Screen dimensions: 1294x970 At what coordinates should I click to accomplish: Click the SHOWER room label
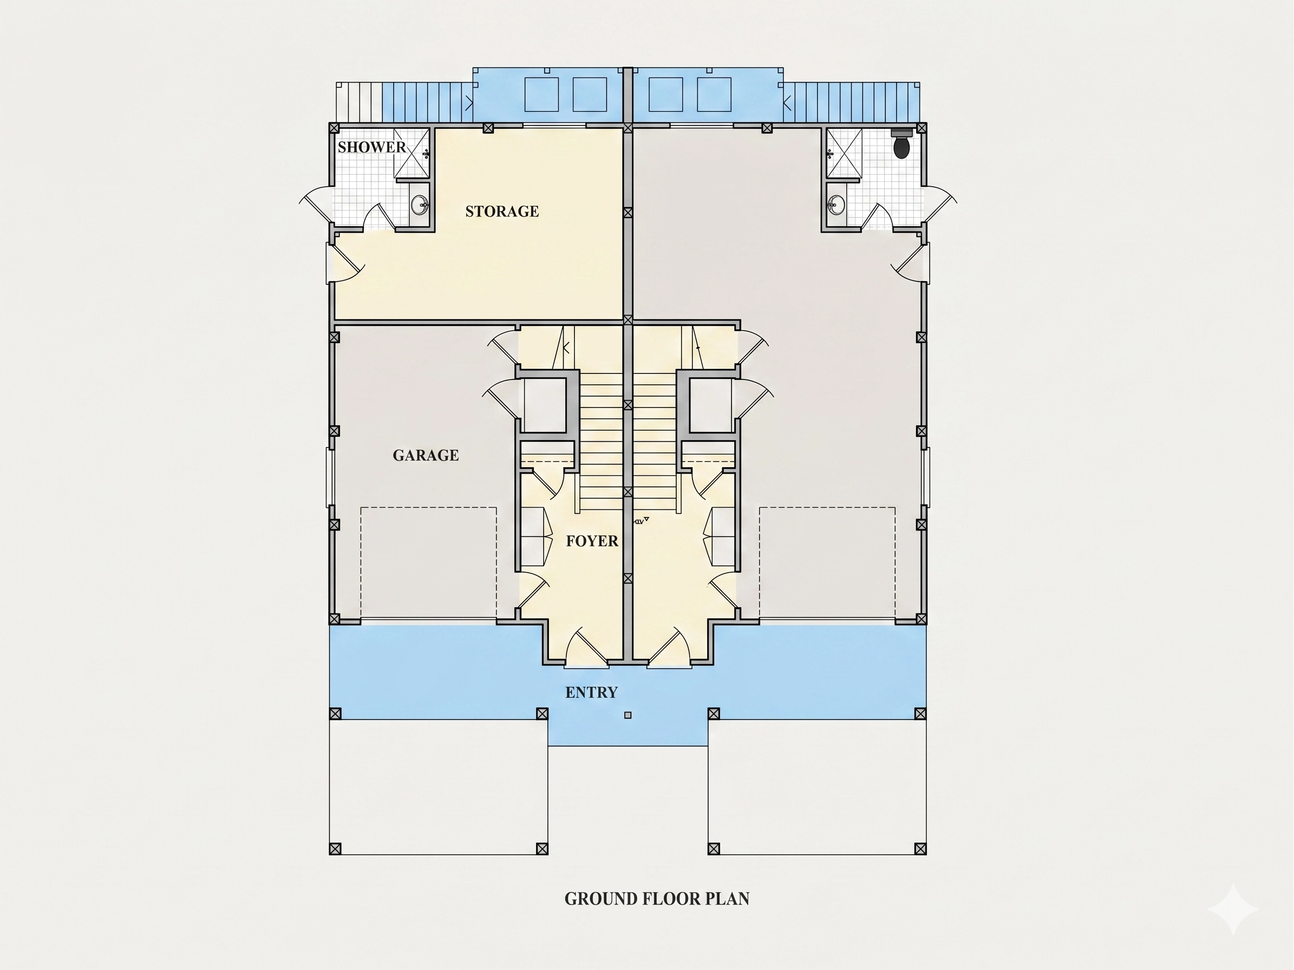point(371,147)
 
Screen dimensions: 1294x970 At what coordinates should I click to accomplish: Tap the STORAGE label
point(502,211)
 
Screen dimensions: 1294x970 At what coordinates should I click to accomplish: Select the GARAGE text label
point(426,455)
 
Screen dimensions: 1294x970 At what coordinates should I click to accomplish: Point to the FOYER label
point(592,541)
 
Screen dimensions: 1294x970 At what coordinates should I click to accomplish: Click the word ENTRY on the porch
point(591,692)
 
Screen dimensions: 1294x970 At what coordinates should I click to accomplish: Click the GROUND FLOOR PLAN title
point(657,899)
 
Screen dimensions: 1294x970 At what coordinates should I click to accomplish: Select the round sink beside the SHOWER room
point(419,205)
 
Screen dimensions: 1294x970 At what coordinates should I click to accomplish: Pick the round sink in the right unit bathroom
point(836,205)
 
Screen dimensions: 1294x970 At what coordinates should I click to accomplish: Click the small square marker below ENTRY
point(628,715)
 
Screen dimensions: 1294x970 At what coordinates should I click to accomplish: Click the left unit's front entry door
point(587,648)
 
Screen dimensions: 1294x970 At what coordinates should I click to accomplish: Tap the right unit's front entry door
point(670,648)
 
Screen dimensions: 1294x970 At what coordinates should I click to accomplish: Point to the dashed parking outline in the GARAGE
point(428,562)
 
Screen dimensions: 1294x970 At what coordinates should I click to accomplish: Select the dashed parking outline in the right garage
point(827,562)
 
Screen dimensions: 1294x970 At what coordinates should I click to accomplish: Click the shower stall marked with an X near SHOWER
point(411,153)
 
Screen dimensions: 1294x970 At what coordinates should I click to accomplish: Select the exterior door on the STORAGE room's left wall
point(345,263)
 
